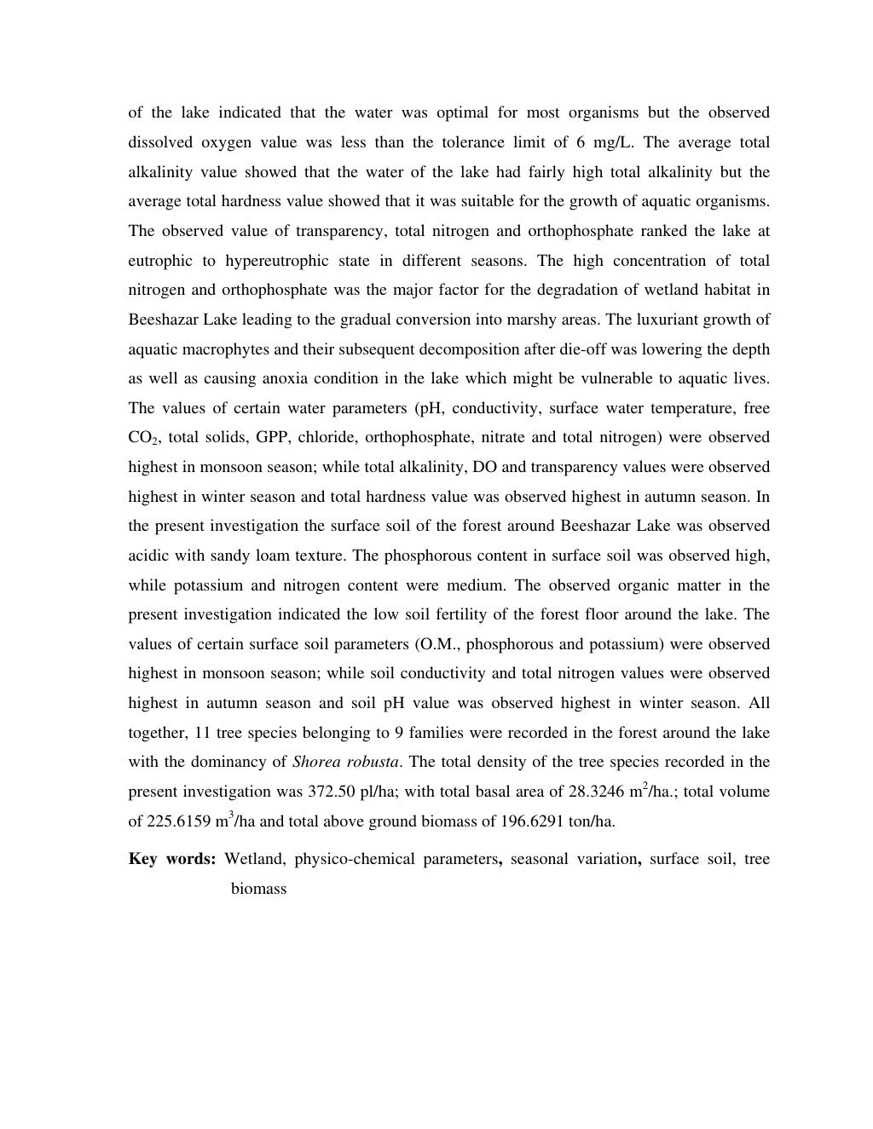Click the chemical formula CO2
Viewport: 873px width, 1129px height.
tap(142, 438)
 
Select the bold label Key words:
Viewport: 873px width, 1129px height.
tap(172, 859)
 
